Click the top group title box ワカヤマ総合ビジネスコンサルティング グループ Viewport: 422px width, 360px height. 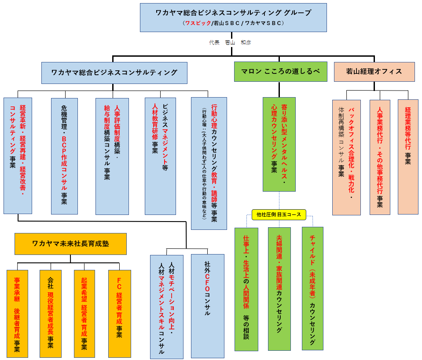[x=233, y=17]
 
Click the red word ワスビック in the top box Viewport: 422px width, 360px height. [x=198, y=23]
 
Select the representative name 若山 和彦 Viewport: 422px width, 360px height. [x=238, y=43]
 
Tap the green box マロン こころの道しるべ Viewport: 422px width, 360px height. [x=281, y=72]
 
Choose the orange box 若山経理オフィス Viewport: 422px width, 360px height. [x=374, y=72]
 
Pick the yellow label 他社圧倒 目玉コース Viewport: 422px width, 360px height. [x=279, y=215]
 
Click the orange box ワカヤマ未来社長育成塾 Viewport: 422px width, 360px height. [x=70, y=244]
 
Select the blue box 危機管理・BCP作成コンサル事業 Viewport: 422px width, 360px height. [x=64, y=156]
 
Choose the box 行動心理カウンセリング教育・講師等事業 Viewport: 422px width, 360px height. [x=209, y=163]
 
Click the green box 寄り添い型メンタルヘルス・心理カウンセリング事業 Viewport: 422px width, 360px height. [x=279, y=144]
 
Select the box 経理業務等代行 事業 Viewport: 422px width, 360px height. [x=408, y=156]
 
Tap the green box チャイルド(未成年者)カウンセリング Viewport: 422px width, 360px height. [x=312, y=288]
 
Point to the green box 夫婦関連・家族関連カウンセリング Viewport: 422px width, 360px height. [x=279, y=288]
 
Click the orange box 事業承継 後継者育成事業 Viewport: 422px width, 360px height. [x=17, y=313]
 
